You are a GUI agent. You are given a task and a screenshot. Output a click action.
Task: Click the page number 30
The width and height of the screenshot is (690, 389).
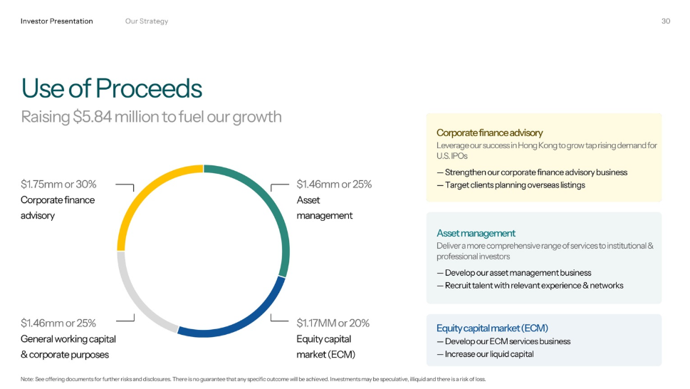(666, 21)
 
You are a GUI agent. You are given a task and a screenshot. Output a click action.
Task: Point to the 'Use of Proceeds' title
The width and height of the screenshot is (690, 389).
(111, 88)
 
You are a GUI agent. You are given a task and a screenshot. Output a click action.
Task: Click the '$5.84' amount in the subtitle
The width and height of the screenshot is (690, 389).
(92, 117)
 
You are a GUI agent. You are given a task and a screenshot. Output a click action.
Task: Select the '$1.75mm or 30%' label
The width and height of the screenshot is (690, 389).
(58, 184)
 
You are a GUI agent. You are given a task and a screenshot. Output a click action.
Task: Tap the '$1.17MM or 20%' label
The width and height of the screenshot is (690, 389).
(333, 323)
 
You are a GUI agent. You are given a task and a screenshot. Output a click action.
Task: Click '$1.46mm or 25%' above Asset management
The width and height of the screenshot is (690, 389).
(334, 184)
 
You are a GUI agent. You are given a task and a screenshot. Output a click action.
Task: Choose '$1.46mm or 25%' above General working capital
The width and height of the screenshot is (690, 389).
(58, 323)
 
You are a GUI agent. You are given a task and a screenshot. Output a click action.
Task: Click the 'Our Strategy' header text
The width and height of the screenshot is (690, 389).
(147, 21)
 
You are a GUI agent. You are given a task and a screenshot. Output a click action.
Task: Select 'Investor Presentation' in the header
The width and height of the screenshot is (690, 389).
(57, 21)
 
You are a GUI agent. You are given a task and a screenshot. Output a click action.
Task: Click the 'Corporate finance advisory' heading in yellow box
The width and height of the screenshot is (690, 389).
(489, 133)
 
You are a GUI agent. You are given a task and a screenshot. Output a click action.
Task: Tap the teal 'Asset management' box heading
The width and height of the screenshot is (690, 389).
(476, 233)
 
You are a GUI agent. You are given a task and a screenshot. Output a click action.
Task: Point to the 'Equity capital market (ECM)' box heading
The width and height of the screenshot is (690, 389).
(492, 328)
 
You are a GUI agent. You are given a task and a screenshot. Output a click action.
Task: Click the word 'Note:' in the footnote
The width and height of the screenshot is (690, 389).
(27, 379)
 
